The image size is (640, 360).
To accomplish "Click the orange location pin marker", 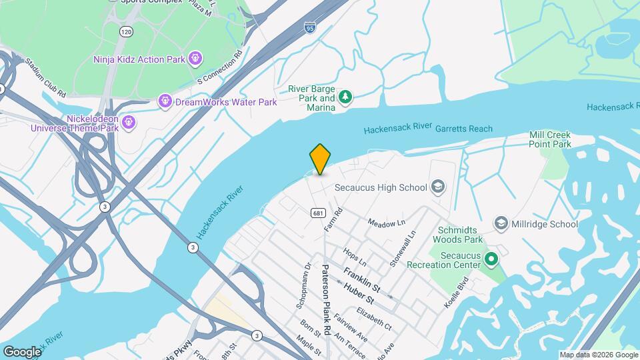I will [321, 159].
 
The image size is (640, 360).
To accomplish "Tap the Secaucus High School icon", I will [438, 186].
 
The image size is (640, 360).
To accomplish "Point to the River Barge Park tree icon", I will [345, 98].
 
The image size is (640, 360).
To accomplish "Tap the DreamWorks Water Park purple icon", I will [165, 102].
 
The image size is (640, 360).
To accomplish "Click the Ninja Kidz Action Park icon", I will [195, 59].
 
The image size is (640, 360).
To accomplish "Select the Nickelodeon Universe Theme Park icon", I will [129, 122].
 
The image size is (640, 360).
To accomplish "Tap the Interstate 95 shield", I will [310, 27].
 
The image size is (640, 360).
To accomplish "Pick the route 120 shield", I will [125, 31].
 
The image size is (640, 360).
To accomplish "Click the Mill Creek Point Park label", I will [550, 139].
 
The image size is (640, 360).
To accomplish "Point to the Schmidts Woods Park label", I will [457, 233].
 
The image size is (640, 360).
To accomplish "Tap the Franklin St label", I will [361, 279].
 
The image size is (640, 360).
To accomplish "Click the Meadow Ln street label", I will [387, 222].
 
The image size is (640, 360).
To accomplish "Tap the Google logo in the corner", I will [22, 351].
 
